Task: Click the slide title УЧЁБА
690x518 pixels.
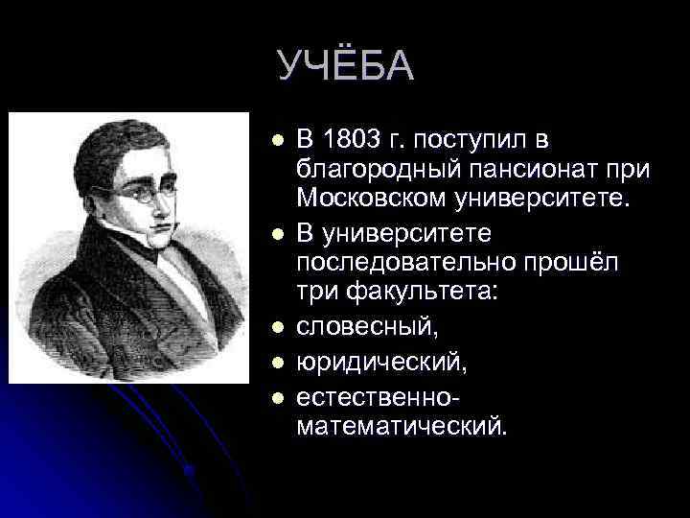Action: pyautogui.click(x=346, y=65)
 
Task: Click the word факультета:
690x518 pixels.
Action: pyautogui.click(x=416, y=293)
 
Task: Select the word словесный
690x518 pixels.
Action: pyautogui.click(x=367, y=327)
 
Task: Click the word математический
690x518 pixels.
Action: pyautogui.click(x=401, y=425)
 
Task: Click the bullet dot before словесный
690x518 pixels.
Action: pyautogui.click(x=277, y=328)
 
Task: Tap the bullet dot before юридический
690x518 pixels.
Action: pyautogui.click(x=277, y=363)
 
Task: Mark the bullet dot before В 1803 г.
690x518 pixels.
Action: pyautogui.click(x=277, y=142)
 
